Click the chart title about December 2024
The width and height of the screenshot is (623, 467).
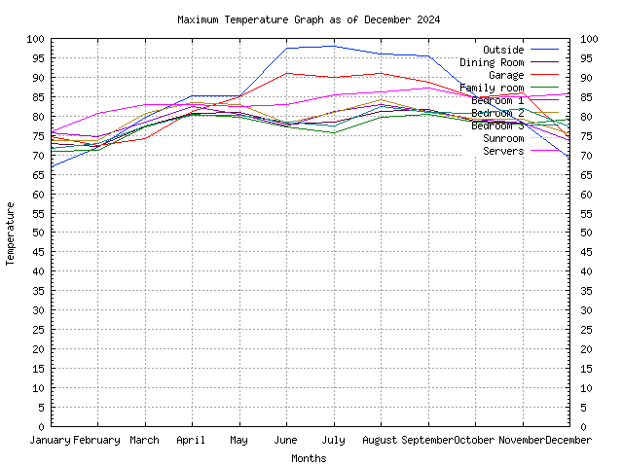(309, 19)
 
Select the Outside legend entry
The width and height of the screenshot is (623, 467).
(502, 50)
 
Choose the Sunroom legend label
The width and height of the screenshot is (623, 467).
(502, 138)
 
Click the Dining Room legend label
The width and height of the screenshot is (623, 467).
(492, 62)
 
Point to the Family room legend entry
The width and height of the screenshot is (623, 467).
(492, 88)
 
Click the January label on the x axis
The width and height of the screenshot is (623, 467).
(51, 440)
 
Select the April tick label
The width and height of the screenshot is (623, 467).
(192, 440)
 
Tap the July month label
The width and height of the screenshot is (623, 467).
(334, 440)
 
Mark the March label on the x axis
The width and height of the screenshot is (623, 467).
(145, 440)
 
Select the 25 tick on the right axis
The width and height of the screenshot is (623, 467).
(586, 330)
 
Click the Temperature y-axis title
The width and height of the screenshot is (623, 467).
(12, 233)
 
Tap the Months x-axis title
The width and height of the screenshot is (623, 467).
(309, 458)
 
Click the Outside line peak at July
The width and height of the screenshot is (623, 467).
(334, 46)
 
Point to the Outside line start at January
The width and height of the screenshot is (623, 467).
(52, 166)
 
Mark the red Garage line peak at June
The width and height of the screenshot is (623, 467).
(286, 73)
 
